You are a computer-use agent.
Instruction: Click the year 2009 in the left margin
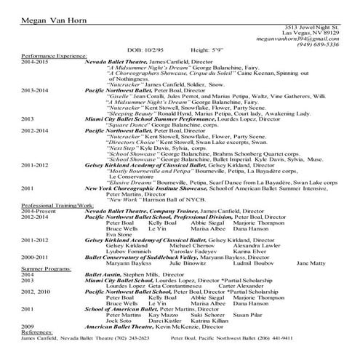click(28, 327)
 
